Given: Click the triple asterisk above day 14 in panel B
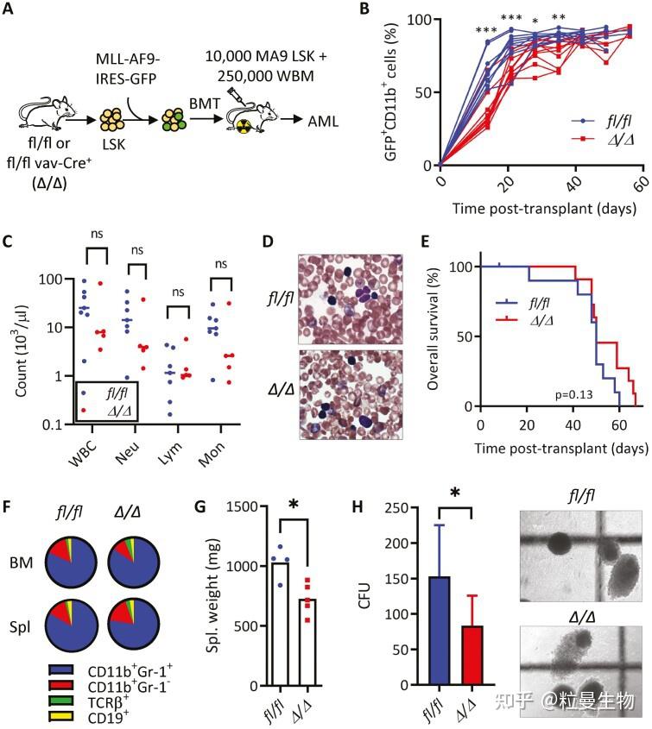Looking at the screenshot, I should [490, 31].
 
